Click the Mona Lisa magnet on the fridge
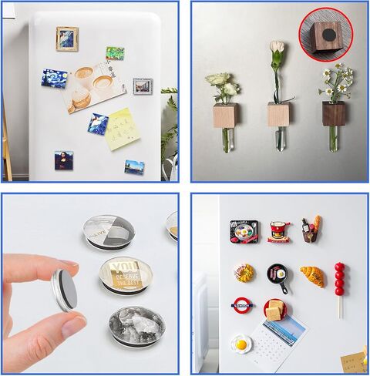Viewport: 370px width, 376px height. pyautogui.click(x=63, y=160)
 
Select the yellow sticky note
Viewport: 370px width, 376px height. pyautogui.click(x=121, y=128)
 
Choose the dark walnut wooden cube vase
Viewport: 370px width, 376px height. pyautogui.click(x=334, y=113)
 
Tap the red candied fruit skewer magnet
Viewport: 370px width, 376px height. pyautogui.click(x=339, y=282)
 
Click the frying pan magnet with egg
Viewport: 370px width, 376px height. pyautogui.click(x=277, y=276)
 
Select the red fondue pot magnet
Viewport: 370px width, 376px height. pyautogui.click(x=278, y=230)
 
